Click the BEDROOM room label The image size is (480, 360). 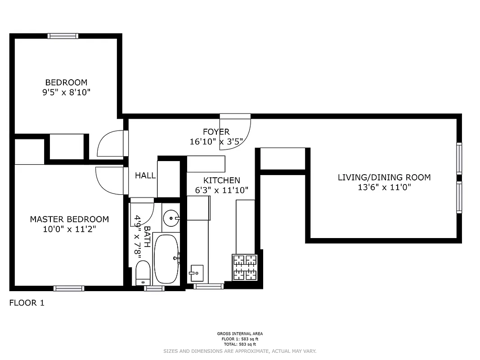[66, 82]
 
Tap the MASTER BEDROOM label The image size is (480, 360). [69, 219]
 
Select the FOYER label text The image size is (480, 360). [216, 132]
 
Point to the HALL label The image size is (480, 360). [145, 175]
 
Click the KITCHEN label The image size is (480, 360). [221, 180]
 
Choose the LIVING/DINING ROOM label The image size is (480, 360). [384, 177]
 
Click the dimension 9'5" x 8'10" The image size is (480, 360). [66, 93]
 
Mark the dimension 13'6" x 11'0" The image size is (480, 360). [384, 188]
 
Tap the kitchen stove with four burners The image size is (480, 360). [244, 267]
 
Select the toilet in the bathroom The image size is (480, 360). [143, 273]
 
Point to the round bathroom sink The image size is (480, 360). [171, 219]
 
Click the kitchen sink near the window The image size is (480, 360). [196, 273]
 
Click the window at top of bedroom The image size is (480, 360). [63, 36]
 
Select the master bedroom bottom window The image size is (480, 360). [69, 288]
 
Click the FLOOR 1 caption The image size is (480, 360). [27, 303]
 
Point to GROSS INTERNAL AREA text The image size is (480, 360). [240, 334]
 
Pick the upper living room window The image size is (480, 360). [459, 158]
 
